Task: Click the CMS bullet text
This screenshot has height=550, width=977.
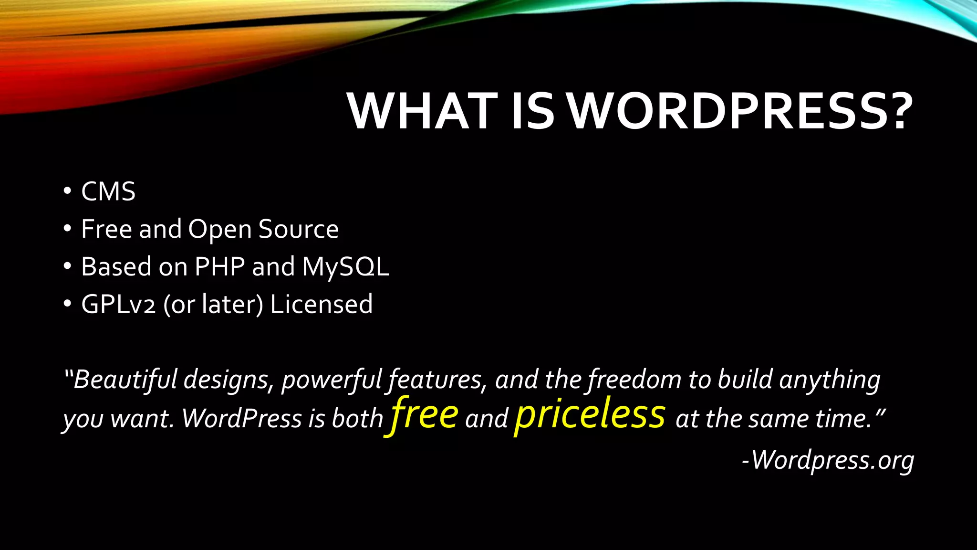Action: click(x=108, y=191)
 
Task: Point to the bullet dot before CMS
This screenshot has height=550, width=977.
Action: click(x=67, y=191)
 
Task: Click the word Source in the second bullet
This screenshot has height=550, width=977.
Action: click(x=298, y=229)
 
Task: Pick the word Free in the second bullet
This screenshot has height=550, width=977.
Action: click(x=106, y=229)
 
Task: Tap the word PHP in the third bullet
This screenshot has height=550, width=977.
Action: click(x=220, y=266)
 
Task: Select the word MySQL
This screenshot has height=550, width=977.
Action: click(x=346, y=266)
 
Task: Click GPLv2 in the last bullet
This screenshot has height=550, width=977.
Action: click(x=118, y=304)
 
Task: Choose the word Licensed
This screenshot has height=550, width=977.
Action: click(x=321, y=304)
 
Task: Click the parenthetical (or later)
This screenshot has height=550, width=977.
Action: click(x=213, y=304)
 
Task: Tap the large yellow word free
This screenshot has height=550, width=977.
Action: click(x=424, y=413)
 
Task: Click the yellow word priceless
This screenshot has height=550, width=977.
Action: click(x=590, y=413)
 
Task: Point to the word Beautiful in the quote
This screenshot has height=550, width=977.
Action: click(x=125, y=380)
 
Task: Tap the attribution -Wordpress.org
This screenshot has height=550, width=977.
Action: click(x=828, y=460)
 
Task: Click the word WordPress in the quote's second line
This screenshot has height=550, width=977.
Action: click(x=242, y=418)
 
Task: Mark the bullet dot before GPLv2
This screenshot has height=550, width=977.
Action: click(x=67, y=304)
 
